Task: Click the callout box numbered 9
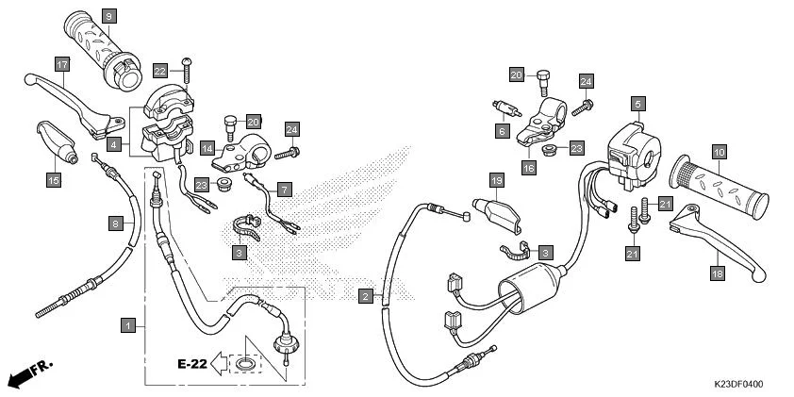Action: point(108,17)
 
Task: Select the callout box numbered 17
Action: point(62,65)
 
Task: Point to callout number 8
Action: point(116,223)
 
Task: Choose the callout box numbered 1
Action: point(127,324)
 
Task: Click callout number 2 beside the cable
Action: point(365,296)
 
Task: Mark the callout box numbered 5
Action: point(638,103)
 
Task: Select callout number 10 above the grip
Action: point(718,152)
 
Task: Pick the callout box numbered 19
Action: point(495,179)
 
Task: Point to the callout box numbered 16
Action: point(529,167)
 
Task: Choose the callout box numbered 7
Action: point(284,189)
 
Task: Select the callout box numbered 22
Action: point(160,71)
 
